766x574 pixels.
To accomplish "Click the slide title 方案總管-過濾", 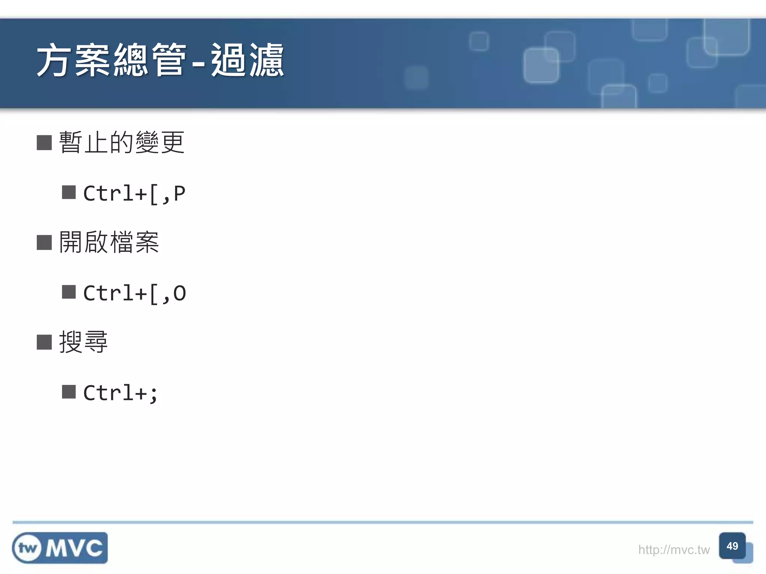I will click(160, 61).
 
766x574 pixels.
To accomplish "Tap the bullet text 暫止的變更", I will click(122, 142).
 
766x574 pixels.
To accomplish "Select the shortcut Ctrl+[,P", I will click(134, 194).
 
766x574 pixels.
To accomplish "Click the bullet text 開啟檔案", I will click(109, 242).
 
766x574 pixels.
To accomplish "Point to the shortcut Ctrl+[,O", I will click(134, 293).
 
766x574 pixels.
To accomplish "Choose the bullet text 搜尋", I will click(83, 342).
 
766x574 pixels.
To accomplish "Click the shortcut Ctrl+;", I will click(120, 393).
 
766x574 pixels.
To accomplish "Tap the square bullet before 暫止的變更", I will click(44, 142).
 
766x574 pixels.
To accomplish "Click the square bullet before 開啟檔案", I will click(44, 243).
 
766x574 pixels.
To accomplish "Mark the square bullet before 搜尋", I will click(44, 342).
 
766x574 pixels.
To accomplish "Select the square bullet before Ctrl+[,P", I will click(69, 192).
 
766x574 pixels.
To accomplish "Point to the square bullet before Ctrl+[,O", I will click(69, 292).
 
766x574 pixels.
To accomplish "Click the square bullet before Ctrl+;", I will click(69, 392).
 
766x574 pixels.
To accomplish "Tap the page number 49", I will click(732, 546).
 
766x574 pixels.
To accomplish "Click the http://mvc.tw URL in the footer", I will click(674, 550).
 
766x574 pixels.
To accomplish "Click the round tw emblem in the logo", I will click(27, 548).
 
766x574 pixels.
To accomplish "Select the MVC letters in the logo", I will click(74, 548).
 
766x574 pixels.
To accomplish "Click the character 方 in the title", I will click(54, 61).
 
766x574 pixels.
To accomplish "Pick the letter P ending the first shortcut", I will click(179, 194).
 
